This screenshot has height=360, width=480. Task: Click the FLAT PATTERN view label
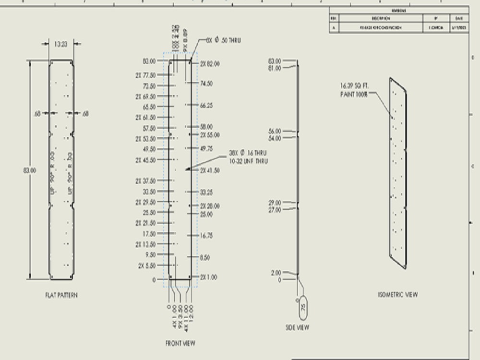pyautogui.click(x=61, y=295)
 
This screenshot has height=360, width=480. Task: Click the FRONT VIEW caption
pyautogui.click(x=180, y=343)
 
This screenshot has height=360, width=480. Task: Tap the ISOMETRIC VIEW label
pyautogui.click(x=397, y=294)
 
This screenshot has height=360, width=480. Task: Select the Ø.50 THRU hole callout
pyautogui.click(x=223, y=40)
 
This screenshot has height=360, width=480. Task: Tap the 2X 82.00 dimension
pyautogui.click(x=210, y=64)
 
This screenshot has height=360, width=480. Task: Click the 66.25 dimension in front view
pyautogui.click(x=206, y=105)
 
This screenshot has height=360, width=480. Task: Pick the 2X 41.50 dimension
pyautogui.click(x=210, y=170)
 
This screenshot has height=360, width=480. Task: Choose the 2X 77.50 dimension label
pyautogui.click(x=145, y=75)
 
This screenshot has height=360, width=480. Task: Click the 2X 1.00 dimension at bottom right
pyautogui.click(x=209, y=277)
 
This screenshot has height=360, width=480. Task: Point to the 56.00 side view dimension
pyautogui.click(x=275, y=131)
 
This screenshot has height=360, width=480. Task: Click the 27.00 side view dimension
pyautogui.click(x=275, y=210)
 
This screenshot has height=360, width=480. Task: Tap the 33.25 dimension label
pyautogui.click(x=206, y=192)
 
